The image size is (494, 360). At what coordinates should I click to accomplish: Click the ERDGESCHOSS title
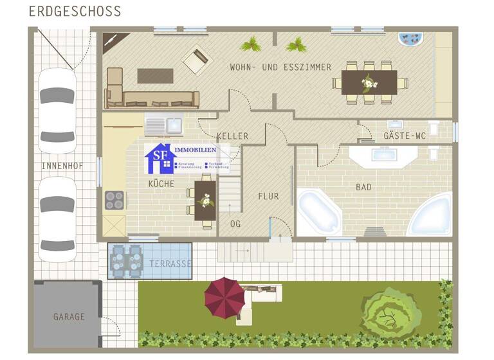75,12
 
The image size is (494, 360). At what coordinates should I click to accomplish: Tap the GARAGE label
69,317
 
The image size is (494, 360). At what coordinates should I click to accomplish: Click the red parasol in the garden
224,297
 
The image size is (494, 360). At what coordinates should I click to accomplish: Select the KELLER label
232,136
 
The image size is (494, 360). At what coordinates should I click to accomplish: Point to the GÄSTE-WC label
405,136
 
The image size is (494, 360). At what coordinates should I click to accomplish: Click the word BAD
364,187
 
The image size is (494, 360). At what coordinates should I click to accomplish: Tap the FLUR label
268,196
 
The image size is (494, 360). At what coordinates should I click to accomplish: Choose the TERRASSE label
170,264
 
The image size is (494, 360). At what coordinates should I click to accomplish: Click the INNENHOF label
60,166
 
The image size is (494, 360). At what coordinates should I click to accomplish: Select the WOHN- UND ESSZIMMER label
280,67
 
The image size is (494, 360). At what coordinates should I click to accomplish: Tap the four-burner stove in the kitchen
114,201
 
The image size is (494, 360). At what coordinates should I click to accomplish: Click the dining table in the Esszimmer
369,82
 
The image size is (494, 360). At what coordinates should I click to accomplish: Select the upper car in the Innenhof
57,110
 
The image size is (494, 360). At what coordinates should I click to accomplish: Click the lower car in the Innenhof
57,219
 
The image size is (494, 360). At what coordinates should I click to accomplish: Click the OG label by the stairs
235,224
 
